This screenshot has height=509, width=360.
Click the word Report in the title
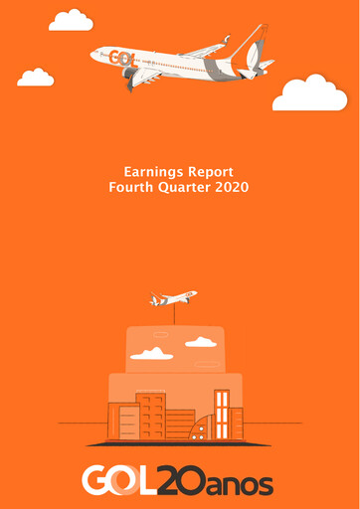[x=211, y=172]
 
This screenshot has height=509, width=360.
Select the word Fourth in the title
[x=133, y=186]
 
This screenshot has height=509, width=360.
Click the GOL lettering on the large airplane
[x=122, y=58]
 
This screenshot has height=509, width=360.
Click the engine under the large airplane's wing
[x=130, y=75]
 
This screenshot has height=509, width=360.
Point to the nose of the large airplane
[x=92, y=52]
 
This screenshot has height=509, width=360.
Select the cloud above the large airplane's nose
[x=71, y=20]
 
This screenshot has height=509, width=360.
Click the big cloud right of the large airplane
[x=309, y=92]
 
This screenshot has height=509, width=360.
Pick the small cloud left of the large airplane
[x=36, y=78]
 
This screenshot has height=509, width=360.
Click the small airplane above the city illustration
[x=173, y=297]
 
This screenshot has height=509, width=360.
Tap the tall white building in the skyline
[x=221, y=414]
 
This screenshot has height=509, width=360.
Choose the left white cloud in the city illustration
[x=151, y=353]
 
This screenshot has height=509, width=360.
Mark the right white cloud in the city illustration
[x=201, y=342]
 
